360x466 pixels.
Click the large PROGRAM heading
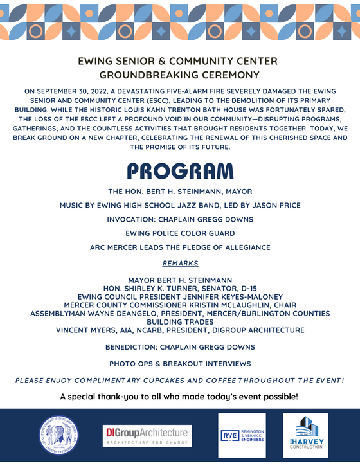[179, 171]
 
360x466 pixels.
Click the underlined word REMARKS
[180, 264]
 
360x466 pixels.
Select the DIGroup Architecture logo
[147, 435]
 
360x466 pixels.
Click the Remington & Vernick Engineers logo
[242, 435]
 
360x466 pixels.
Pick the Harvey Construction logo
[306, 435]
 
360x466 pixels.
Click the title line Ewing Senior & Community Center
[177, 62]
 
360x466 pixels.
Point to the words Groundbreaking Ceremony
[179, 76]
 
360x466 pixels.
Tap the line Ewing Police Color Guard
[180, 233]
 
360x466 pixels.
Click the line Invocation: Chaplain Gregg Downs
[180, 219]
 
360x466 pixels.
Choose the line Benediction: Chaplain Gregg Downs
[180, 346]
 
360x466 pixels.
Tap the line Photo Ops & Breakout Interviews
[180, 364]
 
